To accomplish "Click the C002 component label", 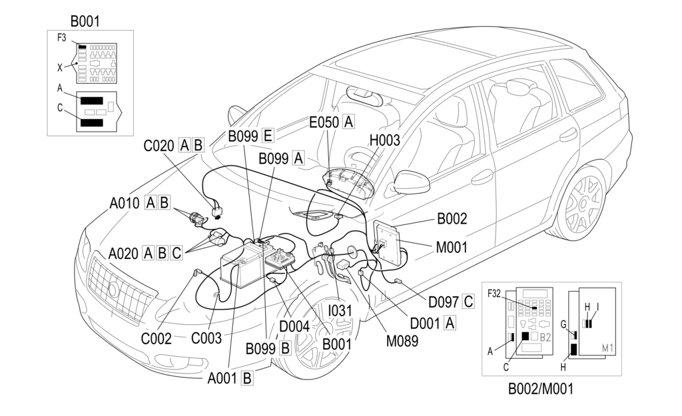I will click(x=155, y=337).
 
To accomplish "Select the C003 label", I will click(x=206, y=337).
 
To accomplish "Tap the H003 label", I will click(x=384, y=140).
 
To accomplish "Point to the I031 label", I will click(x=340, y=311).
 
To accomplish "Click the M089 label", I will click(x=402, y=341).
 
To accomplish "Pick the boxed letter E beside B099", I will click(x=268, y=136).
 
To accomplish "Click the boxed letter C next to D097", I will click(x=468, y=302).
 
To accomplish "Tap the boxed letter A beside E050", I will click(x=348, y=122).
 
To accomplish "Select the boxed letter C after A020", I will click(x=176, y=253).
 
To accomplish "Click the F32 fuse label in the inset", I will click(x=494, y=293).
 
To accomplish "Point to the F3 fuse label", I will click(x=61, y=38).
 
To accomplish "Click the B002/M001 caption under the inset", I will click(x=540, y=388).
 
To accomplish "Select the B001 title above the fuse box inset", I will click(x=85, y=21).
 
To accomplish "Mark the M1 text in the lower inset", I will click(x=607, y=348).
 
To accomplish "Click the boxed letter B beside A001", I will click(x=246, y=378).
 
